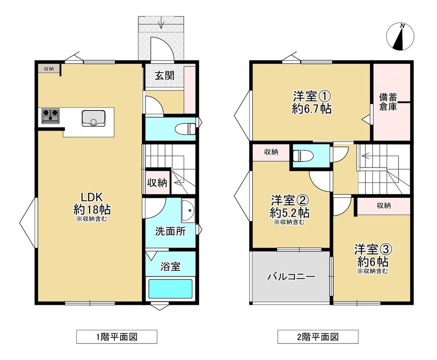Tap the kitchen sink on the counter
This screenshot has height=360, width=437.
94,118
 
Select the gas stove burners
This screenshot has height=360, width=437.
50,116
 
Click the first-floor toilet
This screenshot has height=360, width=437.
185,129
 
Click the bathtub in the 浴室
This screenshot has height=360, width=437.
170,289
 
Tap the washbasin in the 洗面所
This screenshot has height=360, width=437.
188,211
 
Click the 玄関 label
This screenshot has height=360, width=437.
165,76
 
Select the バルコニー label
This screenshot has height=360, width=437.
291,277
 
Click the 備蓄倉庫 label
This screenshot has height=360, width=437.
388,102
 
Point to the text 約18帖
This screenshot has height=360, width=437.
92,209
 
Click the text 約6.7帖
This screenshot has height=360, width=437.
312,108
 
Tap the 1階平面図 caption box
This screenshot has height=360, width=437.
117,337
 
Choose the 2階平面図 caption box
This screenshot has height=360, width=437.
318,337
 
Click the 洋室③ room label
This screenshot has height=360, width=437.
374,249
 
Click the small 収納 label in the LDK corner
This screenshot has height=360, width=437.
49,69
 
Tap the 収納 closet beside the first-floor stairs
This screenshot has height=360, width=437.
157,183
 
